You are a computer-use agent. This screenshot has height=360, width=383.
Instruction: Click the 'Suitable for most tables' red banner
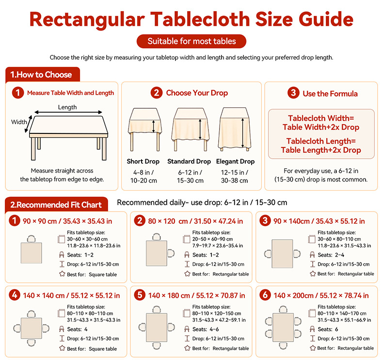point(191,41)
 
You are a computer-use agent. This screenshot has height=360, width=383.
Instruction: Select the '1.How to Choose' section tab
point(43,75)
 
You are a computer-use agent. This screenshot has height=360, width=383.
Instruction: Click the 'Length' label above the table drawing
point(67,107)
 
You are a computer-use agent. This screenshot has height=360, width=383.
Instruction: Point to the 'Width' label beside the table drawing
point(19,122)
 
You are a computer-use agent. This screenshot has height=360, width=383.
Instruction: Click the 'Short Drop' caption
point(143,161)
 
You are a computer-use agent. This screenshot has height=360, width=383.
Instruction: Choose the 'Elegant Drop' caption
point(235,161)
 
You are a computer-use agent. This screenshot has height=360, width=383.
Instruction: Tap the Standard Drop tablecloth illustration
point(190,129)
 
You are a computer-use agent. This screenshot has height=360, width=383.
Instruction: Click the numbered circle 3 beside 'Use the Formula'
point(293,93)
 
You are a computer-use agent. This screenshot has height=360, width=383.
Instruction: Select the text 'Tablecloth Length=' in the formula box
point(321,141)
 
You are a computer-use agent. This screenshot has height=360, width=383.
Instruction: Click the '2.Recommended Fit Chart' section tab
point(56,205)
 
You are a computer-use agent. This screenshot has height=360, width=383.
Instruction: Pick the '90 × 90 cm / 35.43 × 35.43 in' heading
point(67,221)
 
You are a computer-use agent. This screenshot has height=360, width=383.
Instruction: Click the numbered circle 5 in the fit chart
point(140,295)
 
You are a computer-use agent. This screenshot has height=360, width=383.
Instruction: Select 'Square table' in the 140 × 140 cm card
point(103,349)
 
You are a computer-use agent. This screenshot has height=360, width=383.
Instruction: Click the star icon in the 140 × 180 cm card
point(187,348)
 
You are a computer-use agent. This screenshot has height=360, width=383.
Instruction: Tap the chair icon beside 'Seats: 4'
point(62,329)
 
